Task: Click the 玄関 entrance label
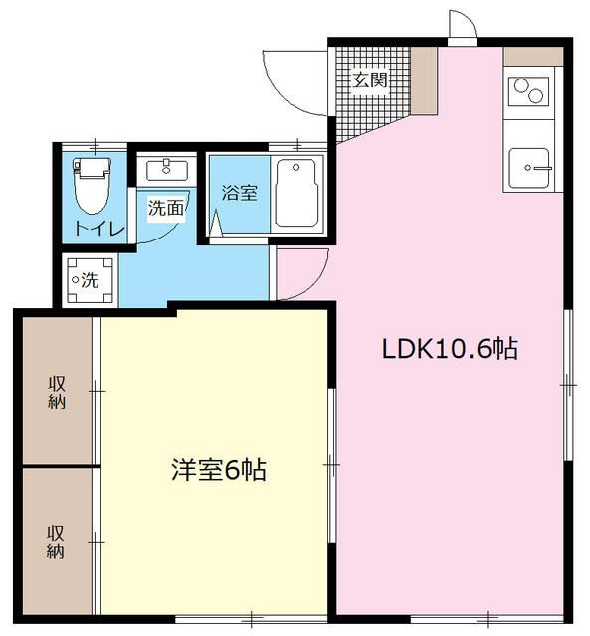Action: click(x=370, y=80)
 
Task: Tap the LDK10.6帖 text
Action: click(x=450, y=349)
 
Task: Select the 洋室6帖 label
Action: click(x=219, y=470)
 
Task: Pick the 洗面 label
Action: click(x=166, y=208)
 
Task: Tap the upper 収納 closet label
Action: click(x=57, y=393)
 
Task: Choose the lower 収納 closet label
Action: click(x=56, y=543)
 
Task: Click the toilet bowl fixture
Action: click(x=93, y=186)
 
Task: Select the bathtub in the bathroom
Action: click(x=296, y=194)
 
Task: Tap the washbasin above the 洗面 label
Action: click(x=166, y=170)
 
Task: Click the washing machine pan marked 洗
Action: click(x=90, y=280)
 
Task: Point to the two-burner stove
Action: click(x=528, y=91)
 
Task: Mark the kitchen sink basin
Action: click(x=529, y=168)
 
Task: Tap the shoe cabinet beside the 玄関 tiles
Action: click(x=424, y=80)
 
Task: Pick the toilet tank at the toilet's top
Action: click(x=93, y=167)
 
